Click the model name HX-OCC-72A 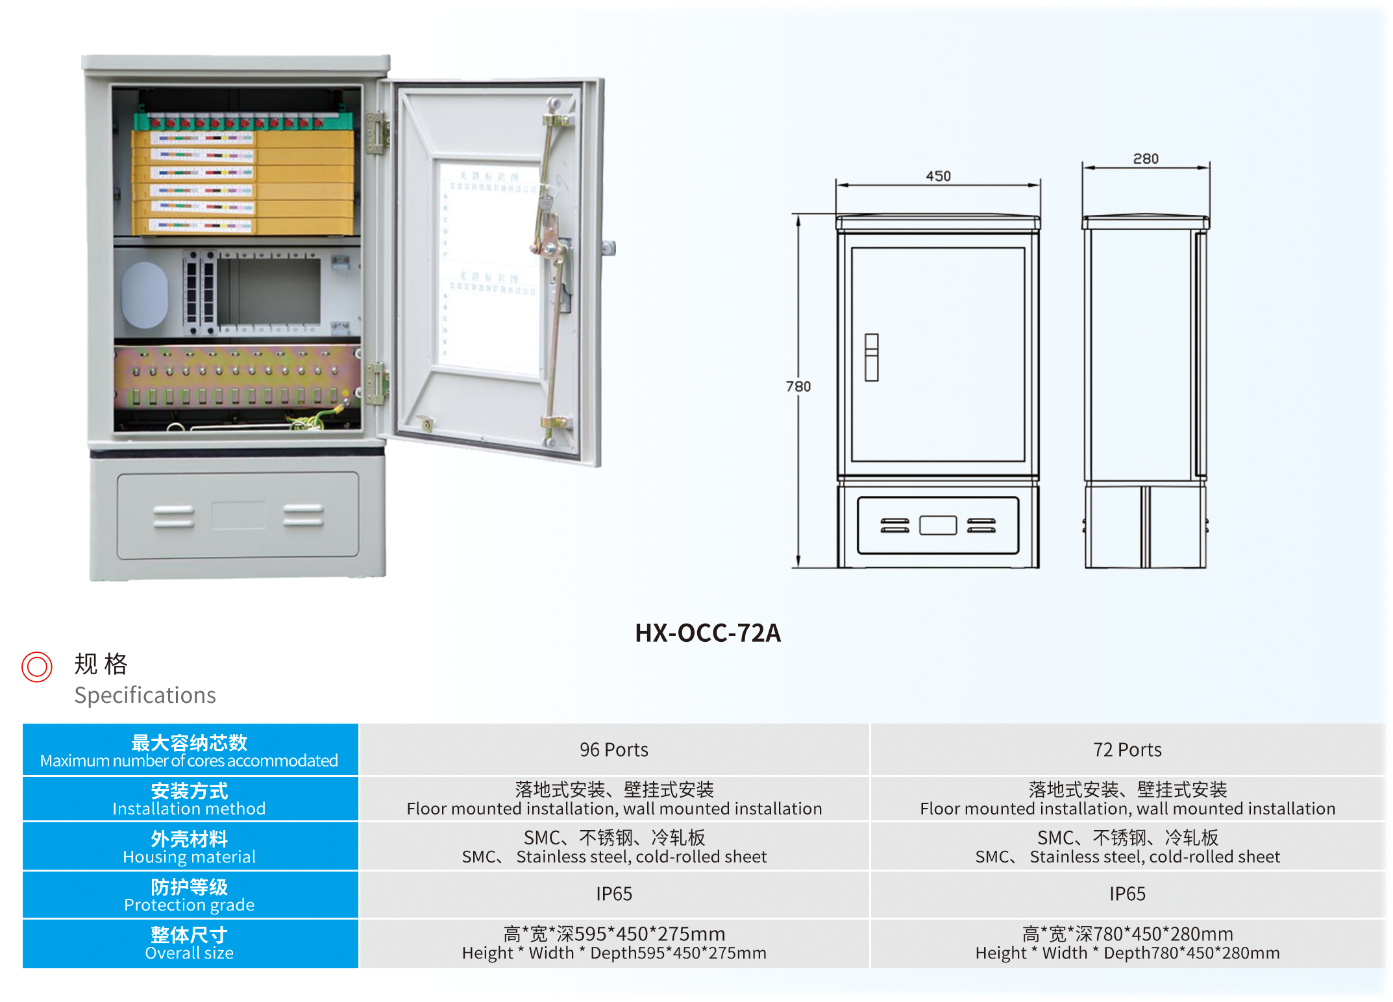[x=708, y=633]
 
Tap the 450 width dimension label [x=938, y=176]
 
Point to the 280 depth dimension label [x=1146, y=159]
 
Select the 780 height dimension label [x=798, y=387]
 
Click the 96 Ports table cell [x=614, y=750]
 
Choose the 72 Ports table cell [x=1128, y=750]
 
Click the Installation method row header [x=190, y=799]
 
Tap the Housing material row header [x=190, y=847]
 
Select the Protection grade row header [x=190, y=895]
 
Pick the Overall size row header [x=190, y=943]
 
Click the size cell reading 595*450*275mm [x=614, y=943]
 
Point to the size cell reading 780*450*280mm [x=1128, y=943]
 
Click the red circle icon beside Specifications [x=37, y=666]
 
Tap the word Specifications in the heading [x=145, y=695]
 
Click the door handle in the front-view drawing [x=872, y=357]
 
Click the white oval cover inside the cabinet [x=145, y=295]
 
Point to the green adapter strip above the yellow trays [x=243, y=121]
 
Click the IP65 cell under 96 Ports [x=614, y=894]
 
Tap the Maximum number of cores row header [x=190, y=750]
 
